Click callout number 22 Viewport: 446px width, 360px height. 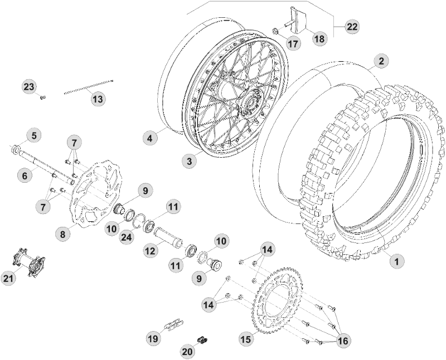(x=352, y=26)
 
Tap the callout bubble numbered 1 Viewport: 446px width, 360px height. (x=396, y=260)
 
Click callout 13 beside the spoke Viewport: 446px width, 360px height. (x=98, y=99)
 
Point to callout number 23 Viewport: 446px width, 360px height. (x=28, y=86)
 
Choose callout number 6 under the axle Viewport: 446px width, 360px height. (x=25, y=175)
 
